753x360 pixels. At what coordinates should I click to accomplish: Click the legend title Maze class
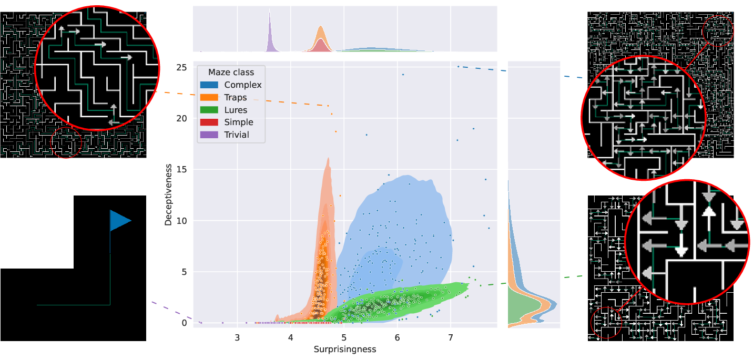point(231,72)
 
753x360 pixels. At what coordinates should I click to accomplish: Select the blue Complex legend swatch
point(208,85)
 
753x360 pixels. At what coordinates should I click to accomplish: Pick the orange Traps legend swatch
point(208,97)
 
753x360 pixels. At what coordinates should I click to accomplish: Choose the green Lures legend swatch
point(208,110)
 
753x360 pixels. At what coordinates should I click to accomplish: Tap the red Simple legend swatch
point(208,122)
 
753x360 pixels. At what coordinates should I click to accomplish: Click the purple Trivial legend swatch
point(208,135)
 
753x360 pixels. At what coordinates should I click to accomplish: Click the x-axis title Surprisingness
point(345,349)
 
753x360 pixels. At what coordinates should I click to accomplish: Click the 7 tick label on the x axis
point(451,336)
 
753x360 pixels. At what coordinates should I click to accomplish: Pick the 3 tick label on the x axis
point(237,336)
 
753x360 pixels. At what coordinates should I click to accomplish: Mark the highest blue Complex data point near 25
point(458,66)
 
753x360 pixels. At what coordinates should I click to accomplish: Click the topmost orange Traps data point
point(328,106)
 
